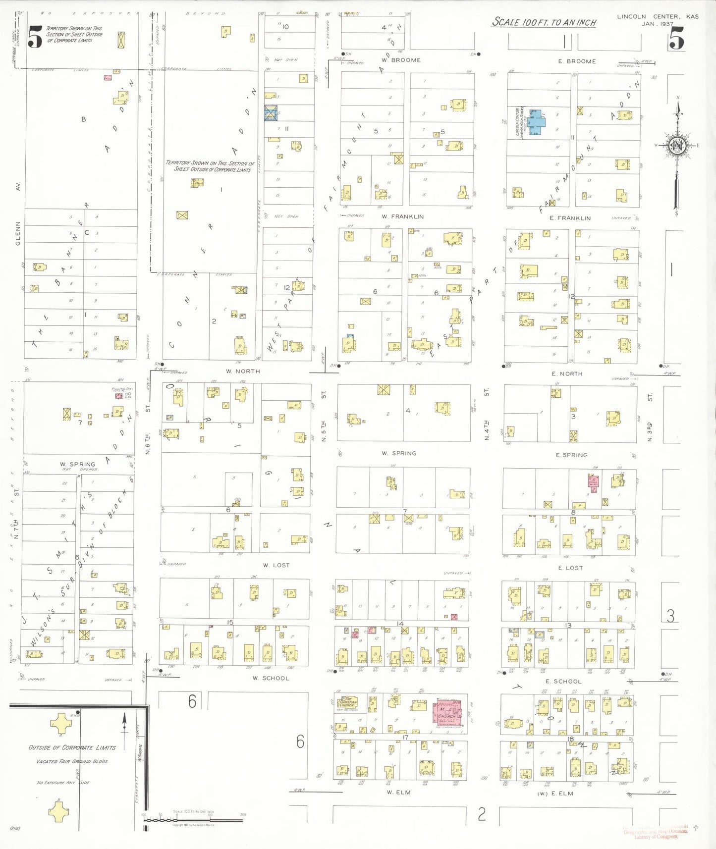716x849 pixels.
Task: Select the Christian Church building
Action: [348, 702]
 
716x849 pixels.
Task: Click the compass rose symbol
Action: [677, 146]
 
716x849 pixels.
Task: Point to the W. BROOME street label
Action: [401, 60]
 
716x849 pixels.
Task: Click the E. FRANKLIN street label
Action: [570, 218]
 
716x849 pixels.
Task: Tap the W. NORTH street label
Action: [243, 371]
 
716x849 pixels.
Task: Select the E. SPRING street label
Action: [571, 455]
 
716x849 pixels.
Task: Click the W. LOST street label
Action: [276, 565]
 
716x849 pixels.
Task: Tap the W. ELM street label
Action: [398, 792]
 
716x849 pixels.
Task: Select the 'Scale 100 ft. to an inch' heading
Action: [544, 22]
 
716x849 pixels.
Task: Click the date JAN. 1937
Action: [657, 24]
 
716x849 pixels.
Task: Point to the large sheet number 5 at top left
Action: [35, 37]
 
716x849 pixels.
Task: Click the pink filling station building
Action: [118, 396]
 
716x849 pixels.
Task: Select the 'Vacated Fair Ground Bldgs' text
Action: [72, 761]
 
